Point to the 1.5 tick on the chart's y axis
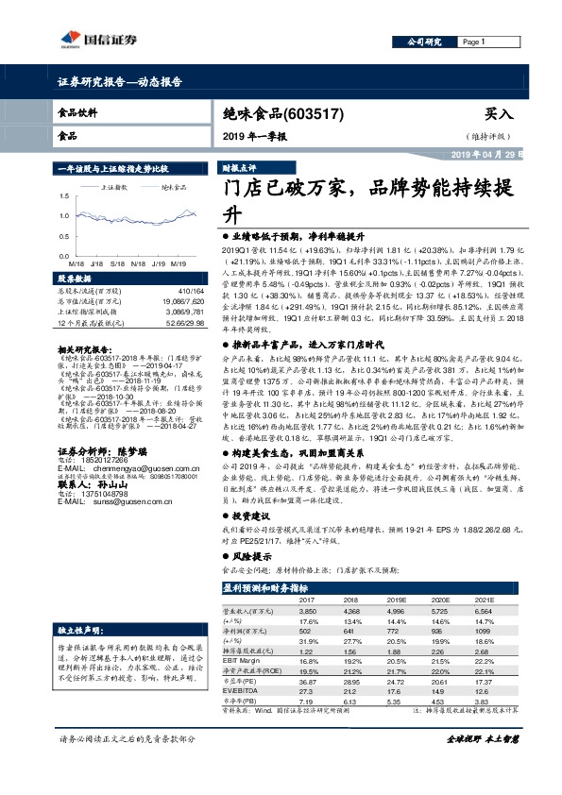65,196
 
